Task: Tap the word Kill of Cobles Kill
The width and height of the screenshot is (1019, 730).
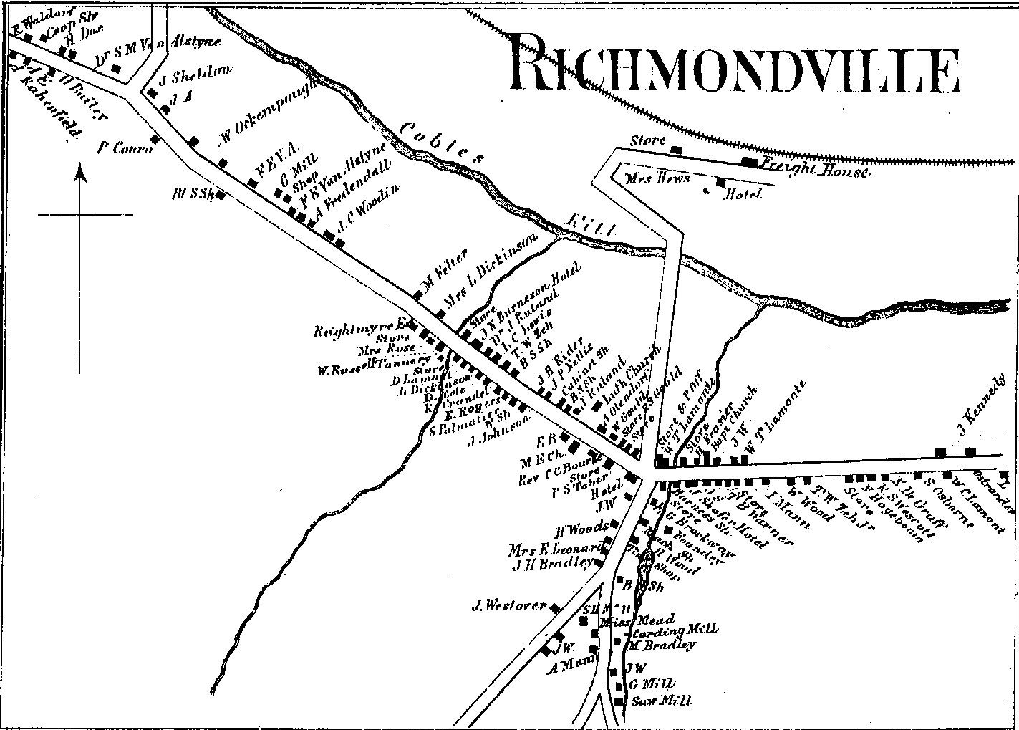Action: point(591,224)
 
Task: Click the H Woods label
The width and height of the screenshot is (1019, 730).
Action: point(581,531)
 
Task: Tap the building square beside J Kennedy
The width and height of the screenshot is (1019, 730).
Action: point(970,451)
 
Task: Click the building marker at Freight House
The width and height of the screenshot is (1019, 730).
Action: point(748,161)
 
